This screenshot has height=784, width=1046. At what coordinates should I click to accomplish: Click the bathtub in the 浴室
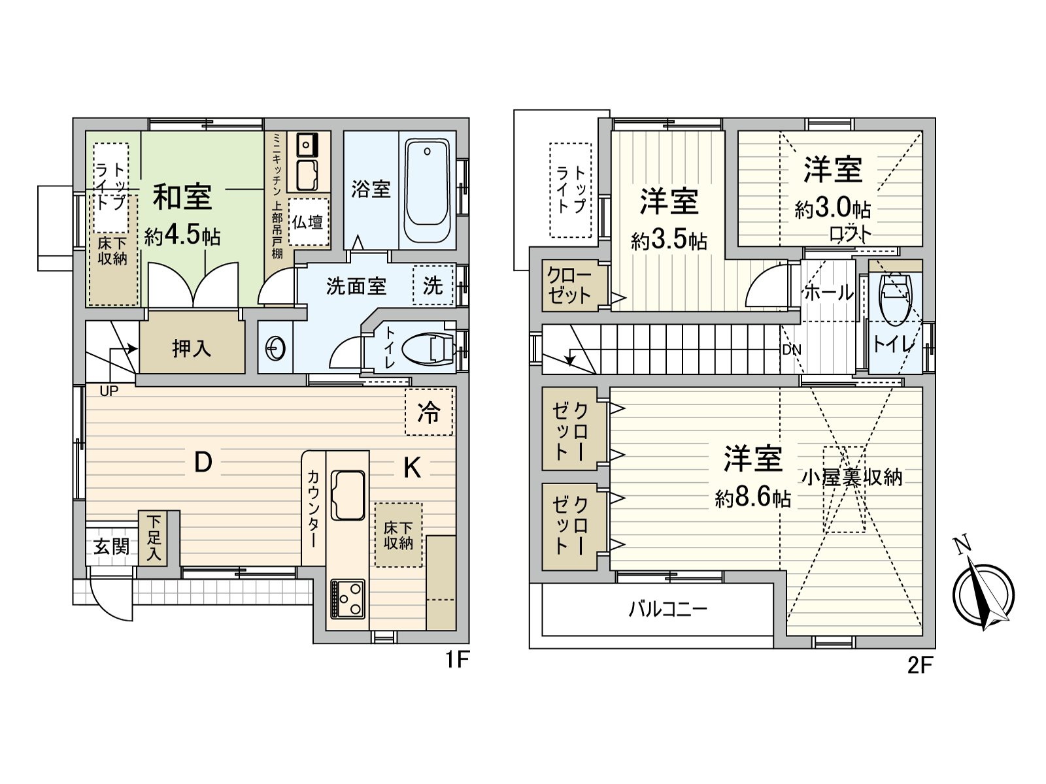426,191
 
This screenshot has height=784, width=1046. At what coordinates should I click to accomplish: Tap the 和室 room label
182,197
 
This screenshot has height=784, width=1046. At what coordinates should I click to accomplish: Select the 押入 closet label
192,348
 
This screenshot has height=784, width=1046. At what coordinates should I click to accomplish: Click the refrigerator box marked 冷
429,412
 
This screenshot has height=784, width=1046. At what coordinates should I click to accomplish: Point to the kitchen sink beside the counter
347,495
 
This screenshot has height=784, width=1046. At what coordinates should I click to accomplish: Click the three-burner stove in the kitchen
347,598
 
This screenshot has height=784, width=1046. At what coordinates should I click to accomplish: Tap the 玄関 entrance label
111,546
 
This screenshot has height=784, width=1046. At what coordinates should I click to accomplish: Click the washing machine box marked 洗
433,286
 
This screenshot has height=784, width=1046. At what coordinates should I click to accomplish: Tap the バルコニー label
668,610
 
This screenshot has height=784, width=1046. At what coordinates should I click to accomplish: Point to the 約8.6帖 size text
753,498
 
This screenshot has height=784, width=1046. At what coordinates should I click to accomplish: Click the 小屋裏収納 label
852,477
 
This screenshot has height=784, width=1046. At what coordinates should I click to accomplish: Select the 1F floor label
458,660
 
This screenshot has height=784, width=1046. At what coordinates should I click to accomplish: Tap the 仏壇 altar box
308,222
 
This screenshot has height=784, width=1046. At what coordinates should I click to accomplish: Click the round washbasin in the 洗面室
275,348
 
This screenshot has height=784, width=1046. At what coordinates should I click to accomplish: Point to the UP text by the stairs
109,391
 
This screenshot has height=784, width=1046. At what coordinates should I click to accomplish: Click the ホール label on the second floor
828,293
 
